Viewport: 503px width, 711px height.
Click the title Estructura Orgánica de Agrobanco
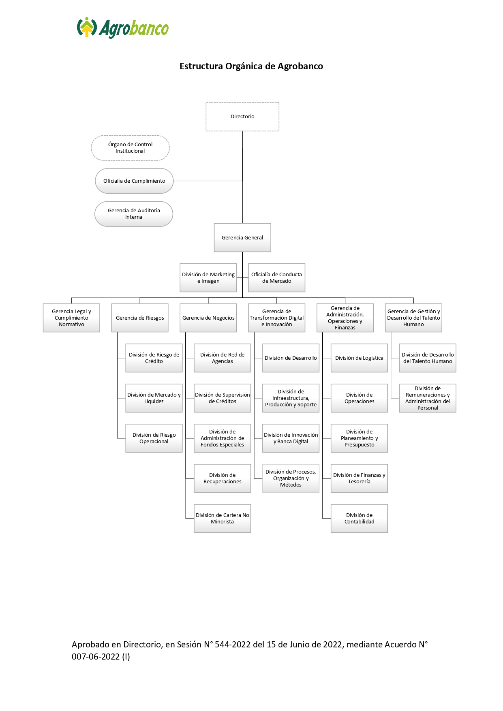(251, 66)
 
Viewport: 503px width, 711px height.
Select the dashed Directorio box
(242, 117)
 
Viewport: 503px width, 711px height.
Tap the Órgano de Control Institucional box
(130, 148)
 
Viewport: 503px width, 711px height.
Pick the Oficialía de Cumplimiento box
(134, 181)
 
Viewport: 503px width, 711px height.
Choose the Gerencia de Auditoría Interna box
(134, 214)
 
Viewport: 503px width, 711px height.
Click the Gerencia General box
(242, 238)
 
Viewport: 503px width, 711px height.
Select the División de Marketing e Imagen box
(208, 278)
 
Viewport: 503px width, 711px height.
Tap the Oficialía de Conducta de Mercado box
(277, 278)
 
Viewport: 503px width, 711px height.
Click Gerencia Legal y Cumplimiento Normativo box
(71, 318)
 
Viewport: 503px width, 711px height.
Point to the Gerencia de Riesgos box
(140, 318)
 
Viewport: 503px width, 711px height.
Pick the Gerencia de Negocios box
(208, 318)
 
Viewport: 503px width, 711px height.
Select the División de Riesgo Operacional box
(154, 438)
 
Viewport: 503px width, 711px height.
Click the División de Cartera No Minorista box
(223, 519)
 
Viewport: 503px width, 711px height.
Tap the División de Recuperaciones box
(223, 478)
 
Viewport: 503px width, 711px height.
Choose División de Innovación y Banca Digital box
(291, 438)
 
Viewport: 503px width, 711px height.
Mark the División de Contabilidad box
(360, 519)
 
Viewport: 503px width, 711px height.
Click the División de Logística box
(360, 358)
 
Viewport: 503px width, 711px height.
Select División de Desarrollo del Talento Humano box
(428, 358)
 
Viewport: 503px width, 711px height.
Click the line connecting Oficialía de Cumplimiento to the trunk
(208, 181)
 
